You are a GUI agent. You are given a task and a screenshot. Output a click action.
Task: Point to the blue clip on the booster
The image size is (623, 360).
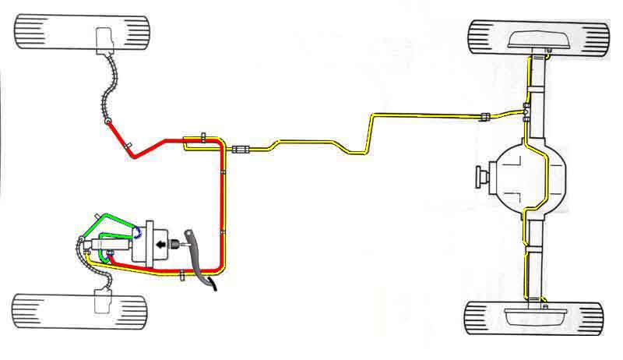(138, 231)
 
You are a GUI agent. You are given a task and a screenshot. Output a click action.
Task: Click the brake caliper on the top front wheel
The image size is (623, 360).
(104, 38)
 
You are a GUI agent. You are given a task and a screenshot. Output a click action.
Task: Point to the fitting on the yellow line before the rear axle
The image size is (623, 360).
(484, 117)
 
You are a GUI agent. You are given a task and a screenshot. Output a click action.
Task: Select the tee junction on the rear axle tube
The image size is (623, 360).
(527, 108)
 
